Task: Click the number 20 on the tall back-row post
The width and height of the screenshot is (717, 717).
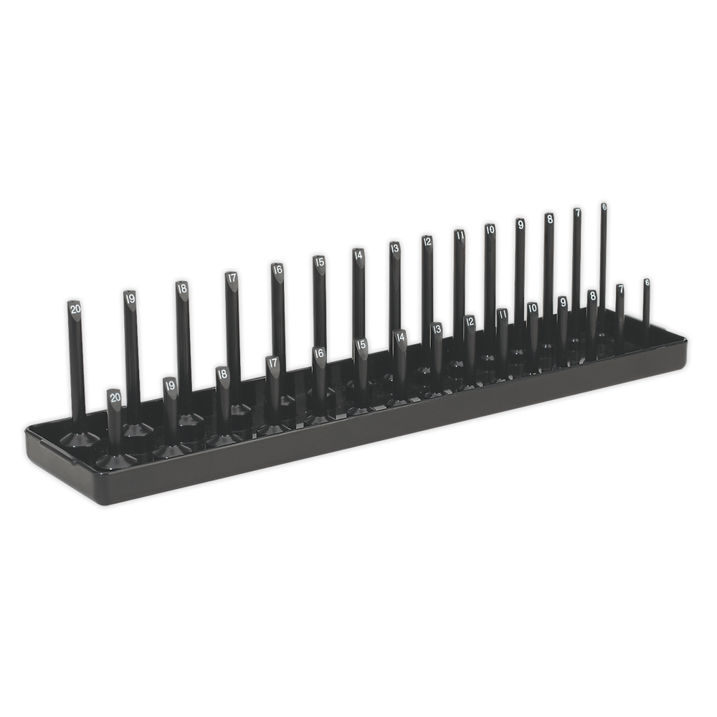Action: [x=75, y=308]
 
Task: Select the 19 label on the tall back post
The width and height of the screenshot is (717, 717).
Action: [x=129, y=298]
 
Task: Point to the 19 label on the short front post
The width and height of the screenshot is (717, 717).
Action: [x=170, y=385]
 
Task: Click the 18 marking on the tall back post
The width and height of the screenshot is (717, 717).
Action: [x=182, y=289]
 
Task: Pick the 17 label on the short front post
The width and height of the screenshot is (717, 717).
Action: [x=272, y=363]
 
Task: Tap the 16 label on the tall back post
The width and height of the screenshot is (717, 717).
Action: [x=277, y=270]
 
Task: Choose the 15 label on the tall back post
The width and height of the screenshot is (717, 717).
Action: [x=319, y=262]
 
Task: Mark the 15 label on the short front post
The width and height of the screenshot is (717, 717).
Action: [x=362, y=345]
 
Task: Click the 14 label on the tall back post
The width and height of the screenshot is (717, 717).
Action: [x=358, y=254]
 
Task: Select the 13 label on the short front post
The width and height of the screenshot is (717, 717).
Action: [x=436, y=328]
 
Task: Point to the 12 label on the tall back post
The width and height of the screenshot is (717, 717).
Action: [x=427, y=241]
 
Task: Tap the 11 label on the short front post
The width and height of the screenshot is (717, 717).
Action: [x=503, y=313]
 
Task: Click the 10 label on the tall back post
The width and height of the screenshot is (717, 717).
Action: [x=490, y=229]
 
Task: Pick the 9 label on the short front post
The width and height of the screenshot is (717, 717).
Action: [x=563, y=303]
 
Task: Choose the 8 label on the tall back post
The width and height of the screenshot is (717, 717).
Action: [x=549, y=219]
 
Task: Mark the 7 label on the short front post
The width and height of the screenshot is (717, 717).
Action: [x=620, y=289]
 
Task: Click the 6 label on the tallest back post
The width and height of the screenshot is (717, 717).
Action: [x=604, y=206]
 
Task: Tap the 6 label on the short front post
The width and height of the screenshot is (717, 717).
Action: [x=647, y=282]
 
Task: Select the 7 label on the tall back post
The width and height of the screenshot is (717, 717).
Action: [x=576, y=213]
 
